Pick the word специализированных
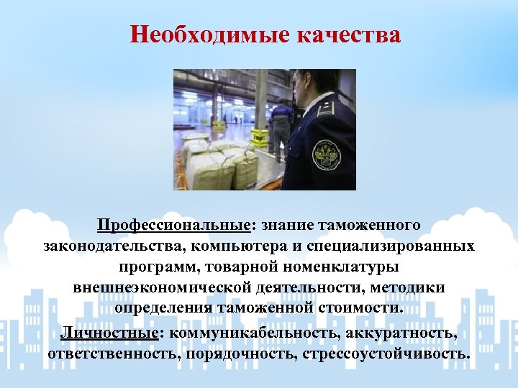pyautogui.click(x=398, y=246)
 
